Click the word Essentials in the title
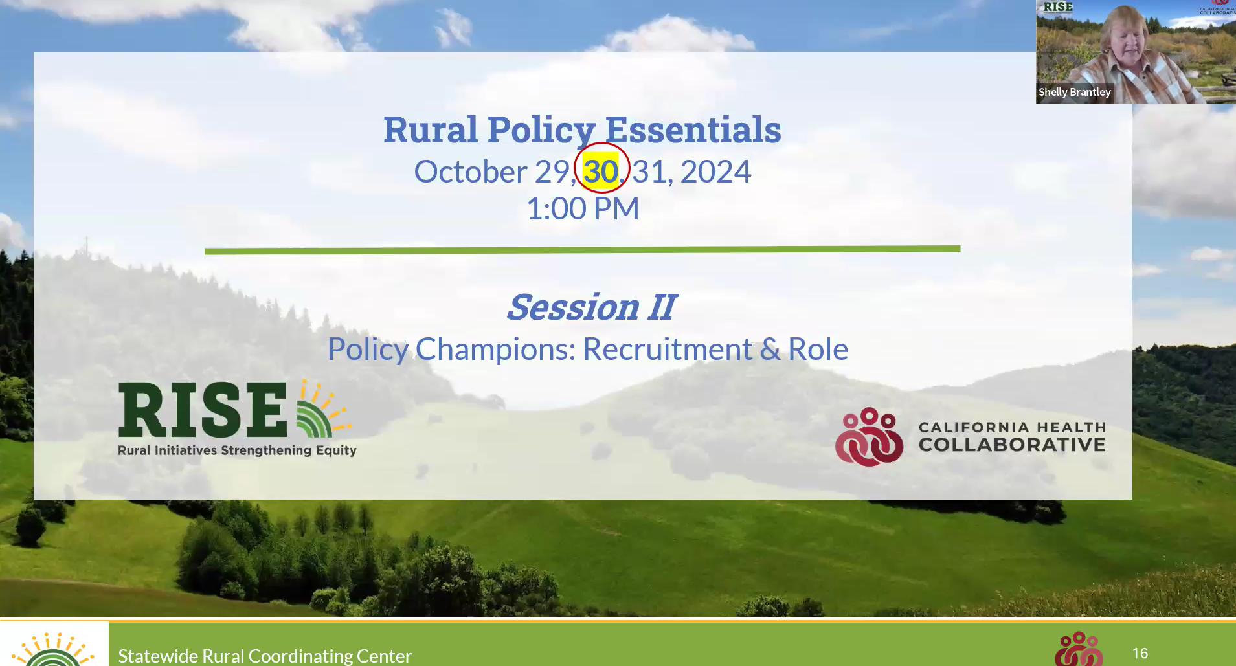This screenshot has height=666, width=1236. [x=693, y=129]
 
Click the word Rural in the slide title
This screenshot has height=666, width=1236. [x=431, y=129]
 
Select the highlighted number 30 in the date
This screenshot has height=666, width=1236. [x=600, y=172]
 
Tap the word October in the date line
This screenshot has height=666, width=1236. [x=471, y=172]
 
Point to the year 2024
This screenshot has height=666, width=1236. [x=715, y=172]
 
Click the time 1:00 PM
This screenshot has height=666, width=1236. [x=583, y=208]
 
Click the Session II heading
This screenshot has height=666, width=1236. [x=591, y=307]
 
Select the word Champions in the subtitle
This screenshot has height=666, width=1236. [x=495, y=350]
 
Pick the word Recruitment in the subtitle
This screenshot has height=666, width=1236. [x=668, y=349]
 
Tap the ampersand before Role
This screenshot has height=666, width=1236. [x=770, y=349]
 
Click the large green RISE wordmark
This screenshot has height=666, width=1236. [x=203, y=410]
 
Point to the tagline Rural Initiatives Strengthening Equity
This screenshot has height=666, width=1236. [x=237, y=450]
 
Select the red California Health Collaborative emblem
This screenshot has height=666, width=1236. [x=869, y=437]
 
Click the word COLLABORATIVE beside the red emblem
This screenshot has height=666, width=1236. [x=1012, y=445]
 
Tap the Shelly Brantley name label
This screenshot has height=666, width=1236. [x=1075, y=92]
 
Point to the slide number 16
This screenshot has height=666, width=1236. [x=1140, y=654]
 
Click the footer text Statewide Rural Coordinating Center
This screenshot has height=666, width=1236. [x=265, y=656]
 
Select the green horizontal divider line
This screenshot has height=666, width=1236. [x=582, y=249]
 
